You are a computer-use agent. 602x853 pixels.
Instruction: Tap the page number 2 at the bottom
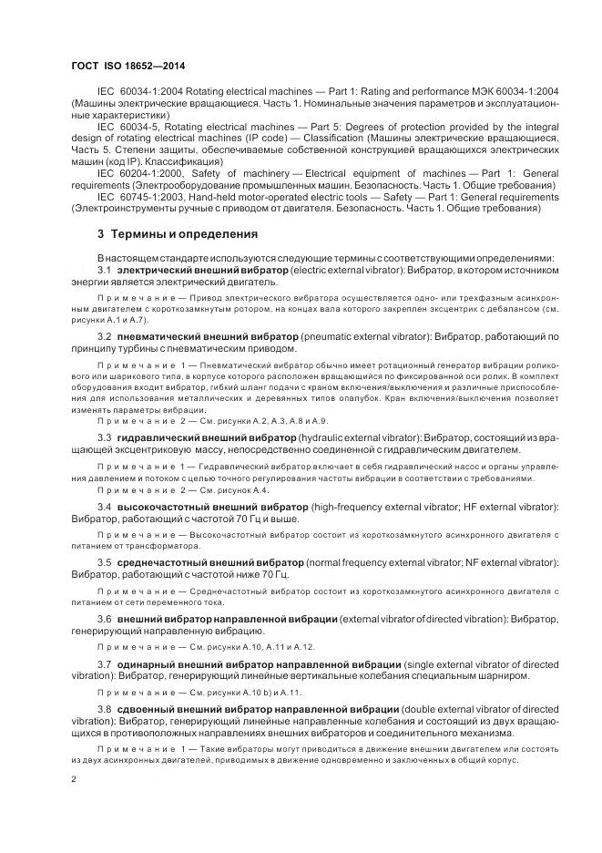tap(74, 779)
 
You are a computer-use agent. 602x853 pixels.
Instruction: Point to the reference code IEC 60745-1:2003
tap(140, 197)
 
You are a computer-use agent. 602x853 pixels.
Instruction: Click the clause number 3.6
tap(104, 619)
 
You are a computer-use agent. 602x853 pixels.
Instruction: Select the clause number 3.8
tap(104, 708)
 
